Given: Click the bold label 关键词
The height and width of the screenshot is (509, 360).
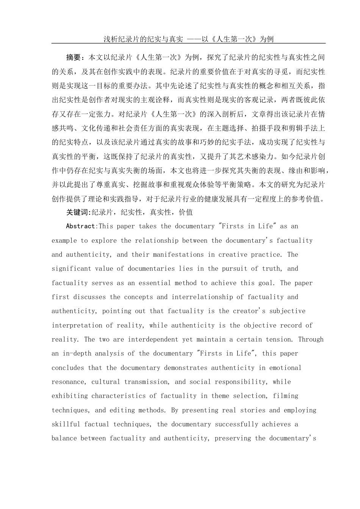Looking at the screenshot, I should [77, 212].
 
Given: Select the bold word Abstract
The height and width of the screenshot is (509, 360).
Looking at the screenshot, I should [81, 226].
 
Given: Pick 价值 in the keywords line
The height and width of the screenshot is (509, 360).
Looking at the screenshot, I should [186, 212].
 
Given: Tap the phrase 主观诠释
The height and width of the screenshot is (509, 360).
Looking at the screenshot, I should [160, 100].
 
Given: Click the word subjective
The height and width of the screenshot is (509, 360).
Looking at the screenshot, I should [287, 311].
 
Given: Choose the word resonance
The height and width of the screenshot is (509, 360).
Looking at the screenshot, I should [68, 382].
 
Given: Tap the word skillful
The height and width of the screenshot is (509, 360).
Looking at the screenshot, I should [66, 424].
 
